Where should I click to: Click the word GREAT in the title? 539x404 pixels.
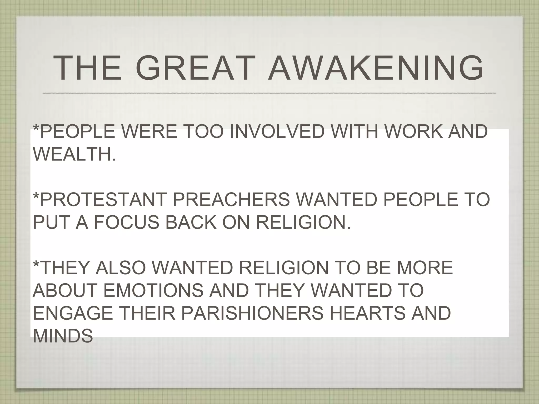click(195, 68)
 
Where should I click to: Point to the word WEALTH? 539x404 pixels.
click(74, 154)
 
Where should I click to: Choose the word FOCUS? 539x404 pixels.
click(126, 222)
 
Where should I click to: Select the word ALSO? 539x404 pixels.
click(120, 267)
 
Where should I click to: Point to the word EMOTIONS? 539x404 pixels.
click(153, 290)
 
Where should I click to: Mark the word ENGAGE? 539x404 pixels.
click(73, 313)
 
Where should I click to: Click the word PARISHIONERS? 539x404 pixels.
click(252, 313)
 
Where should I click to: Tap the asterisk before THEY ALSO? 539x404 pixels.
click(36, 264)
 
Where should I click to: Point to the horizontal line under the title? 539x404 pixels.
click(268, 93)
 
